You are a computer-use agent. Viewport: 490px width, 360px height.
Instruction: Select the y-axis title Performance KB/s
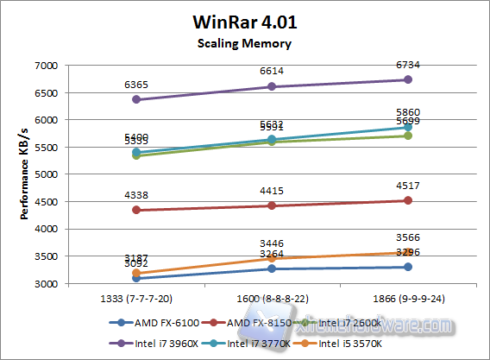coord(25,174)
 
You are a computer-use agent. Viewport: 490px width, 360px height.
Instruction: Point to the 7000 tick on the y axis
coord(45,66)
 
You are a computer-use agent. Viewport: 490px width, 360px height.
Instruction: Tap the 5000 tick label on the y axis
coord(45,174)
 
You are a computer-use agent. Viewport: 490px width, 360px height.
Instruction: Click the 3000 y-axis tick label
coord(45,284)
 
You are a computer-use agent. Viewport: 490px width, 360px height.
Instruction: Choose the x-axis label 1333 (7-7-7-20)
coord(137,297)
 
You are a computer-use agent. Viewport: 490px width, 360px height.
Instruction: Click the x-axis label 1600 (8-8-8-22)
coord(273,297)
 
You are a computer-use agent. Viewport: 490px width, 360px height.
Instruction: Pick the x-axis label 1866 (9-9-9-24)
coord(408,297)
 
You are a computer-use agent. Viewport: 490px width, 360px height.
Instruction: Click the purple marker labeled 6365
coord(137,99)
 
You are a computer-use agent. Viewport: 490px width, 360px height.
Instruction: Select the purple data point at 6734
coord(408,79)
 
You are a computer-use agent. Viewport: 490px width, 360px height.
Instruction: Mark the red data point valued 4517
coord(408,200)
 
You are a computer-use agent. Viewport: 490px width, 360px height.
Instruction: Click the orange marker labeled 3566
coord(408,253)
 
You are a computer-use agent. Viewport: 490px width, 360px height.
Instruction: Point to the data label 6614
coord(273,73)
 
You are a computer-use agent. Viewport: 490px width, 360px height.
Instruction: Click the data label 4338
coord(137,196)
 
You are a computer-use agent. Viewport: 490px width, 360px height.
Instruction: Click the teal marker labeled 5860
coord(408,127)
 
